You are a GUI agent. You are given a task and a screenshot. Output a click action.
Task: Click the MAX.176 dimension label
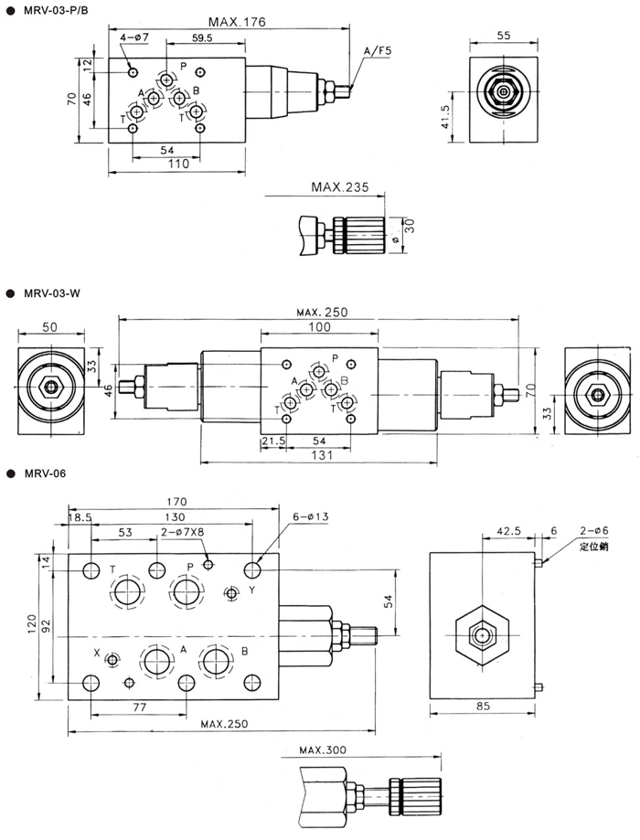pos(237,22)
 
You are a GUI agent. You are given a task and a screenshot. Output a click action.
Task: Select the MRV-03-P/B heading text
pos(56,9)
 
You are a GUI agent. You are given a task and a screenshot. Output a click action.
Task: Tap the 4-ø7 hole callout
pos(134,37)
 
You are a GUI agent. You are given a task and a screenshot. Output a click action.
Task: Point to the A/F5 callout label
pos(378,51)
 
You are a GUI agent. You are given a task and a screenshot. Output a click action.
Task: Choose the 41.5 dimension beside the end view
pos(444,116)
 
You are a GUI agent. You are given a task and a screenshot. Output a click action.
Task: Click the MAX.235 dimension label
pos(340,187)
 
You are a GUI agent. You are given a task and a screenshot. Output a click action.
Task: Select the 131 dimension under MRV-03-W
pos(322,455)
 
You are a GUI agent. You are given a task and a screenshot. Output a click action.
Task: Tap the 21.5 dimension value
pos(273,441)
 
